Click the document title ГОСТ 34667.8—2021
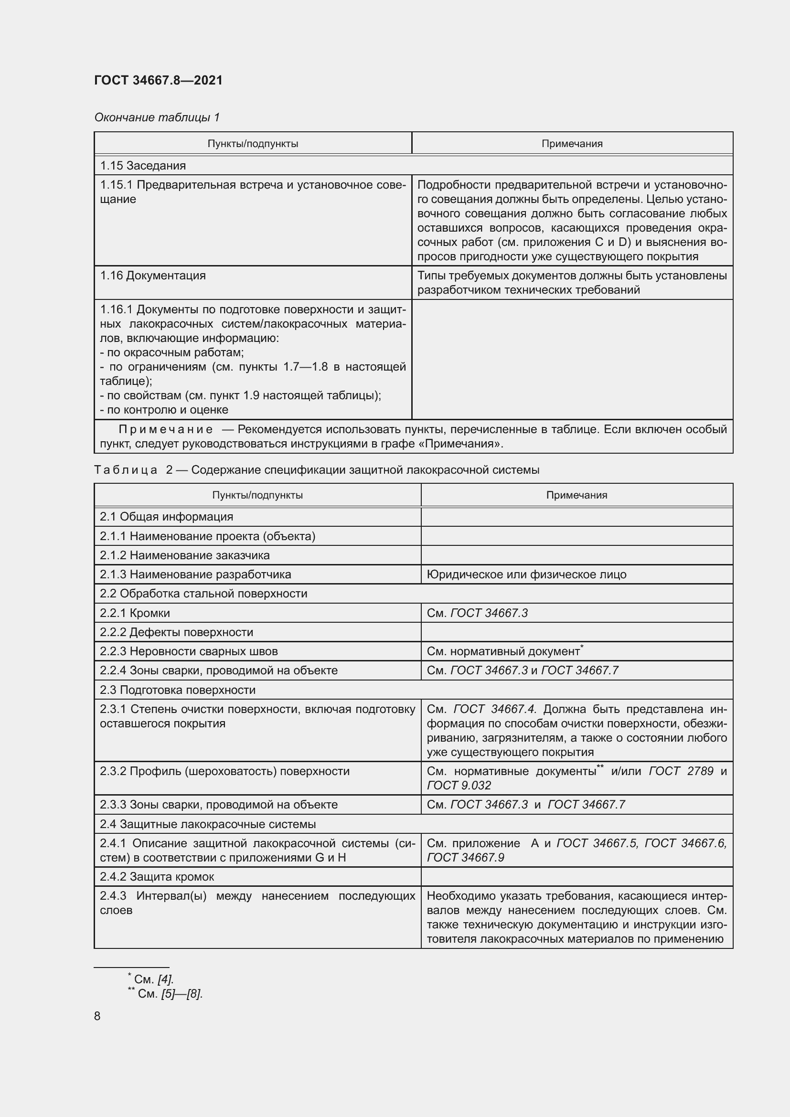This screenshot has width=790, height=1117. pyautogui.click(x=158, y=80)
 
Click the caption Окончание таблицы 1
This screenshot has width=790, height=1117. pyautogui.click(x=157, y=117)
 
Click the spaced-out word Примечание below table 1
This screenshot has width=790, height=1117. pyautogui.click(x=165, y=429)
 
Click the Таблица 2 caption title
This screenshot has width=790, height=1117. pyautogui.click(x=316, y=470)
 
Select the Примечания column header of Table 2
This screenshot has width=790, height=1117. pyautogui.click(x=576, y=495)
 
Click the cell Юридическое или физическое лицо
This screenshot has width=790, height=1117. pyautogui.click(x=526, y=574)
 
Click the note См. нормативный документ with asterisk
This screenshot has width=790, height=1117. pyautogui.click(x=504, y=651)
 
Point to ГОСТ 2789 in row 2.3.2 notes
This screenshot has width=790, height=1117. pyautogui.click(x=681, y=771)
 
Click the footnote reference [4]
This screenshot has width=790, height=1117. pyautogui.click(x=165, y=979)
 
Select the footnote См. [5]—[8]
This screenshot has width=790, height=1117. pyautogui.click(x=170, y=994)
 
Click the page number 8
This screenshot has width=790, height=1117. pyautogui.click(x=97, y=1016)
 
